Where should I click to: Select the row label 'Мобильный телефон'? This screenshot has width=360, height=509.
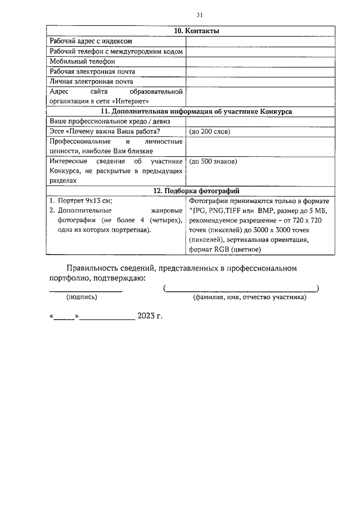[x=82, y=61]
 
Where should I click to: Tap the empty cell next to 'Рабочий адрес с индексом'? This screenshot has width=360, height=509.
[x=258, y=41]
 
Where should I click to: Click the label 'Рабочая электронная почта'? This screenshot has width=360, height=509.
[x=92, y=71]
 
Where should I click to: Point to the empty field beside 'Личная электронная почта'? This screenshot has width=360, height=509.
[x=258, y=82]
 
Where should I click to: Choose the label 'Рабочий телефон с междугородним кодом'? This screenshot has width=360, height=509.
[x=116, y=51]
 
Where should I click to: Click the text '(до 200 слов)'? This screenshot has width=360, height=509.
[x=210, y=132]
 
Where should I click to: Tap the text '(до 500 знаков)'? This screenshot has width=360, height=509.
[x=213, y=161]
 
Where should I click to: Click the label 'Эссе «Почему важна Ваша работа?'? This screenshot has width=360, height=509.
[x=105, y=132]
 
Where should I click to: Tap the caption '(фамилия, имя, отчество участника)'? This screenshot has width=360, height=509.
[x=249, y=297]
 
